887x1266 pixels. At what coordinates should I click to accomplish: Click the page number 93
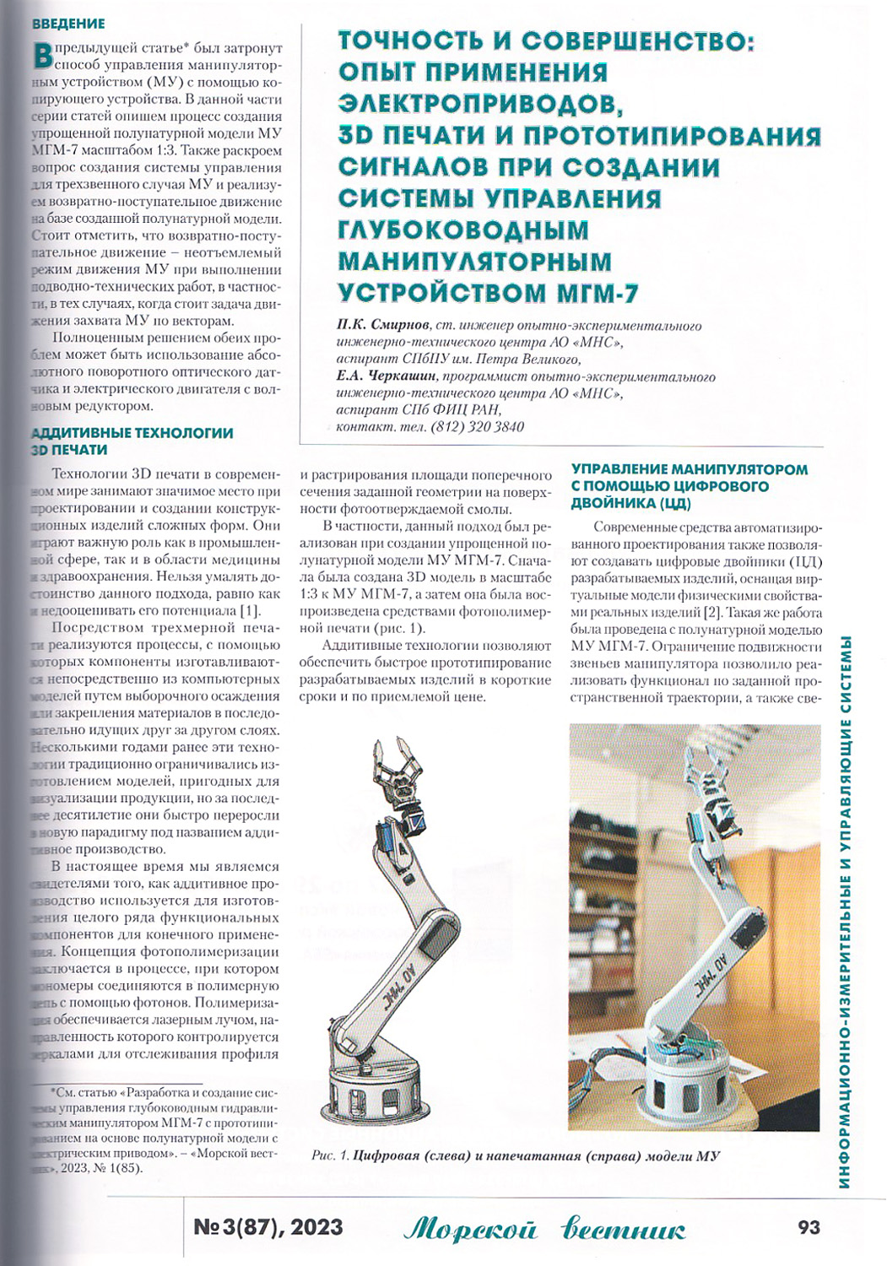tap(808, 1226)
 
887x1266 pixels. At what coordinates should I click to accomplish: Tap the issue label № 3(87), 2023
tap(268, 1226)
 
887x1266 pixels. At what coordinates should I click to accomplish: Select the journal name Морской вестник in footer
tap(544, 1229)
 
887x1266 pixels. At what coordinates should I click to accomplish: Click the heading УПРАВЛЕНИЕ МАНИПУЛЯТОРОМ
tap(689, 469)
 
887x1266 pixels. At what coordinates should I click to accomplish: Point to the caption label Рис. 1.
tap(330, 1155)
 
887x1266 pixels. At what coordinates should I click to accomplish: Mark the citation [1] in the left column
tap(250, 611)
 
